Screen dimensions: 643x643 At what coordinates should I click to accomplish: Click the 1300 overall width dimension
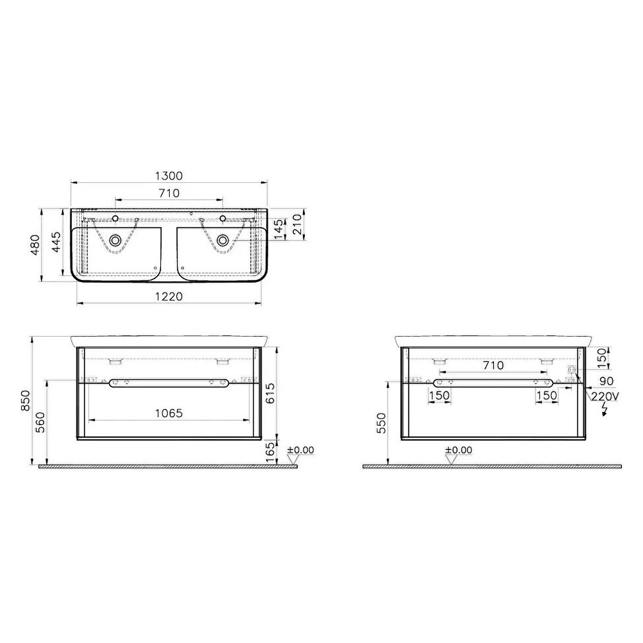point(169,176)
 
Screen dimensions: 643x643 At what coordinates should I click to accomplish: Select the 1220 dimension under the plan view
point(169,297)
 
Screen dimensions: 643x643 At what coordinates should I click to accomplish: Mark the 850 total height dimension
point(26,401)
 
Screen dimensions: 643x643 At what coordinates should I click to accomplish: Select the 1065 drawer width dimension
point(169,413)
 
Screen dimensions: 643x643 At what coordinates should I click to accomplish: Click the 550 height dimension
point(382,423)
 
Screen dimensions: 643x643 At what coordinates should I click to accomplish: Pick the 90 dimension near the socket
point(607,382)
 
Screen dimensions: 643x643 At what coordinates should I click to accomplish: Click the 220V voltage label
point(606,396)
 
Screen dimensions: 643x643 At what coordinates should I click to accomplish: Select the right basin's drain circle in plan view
point(223,240)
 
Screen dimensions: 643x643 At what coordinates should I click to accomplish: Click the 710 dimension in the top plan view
point(169,193)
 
